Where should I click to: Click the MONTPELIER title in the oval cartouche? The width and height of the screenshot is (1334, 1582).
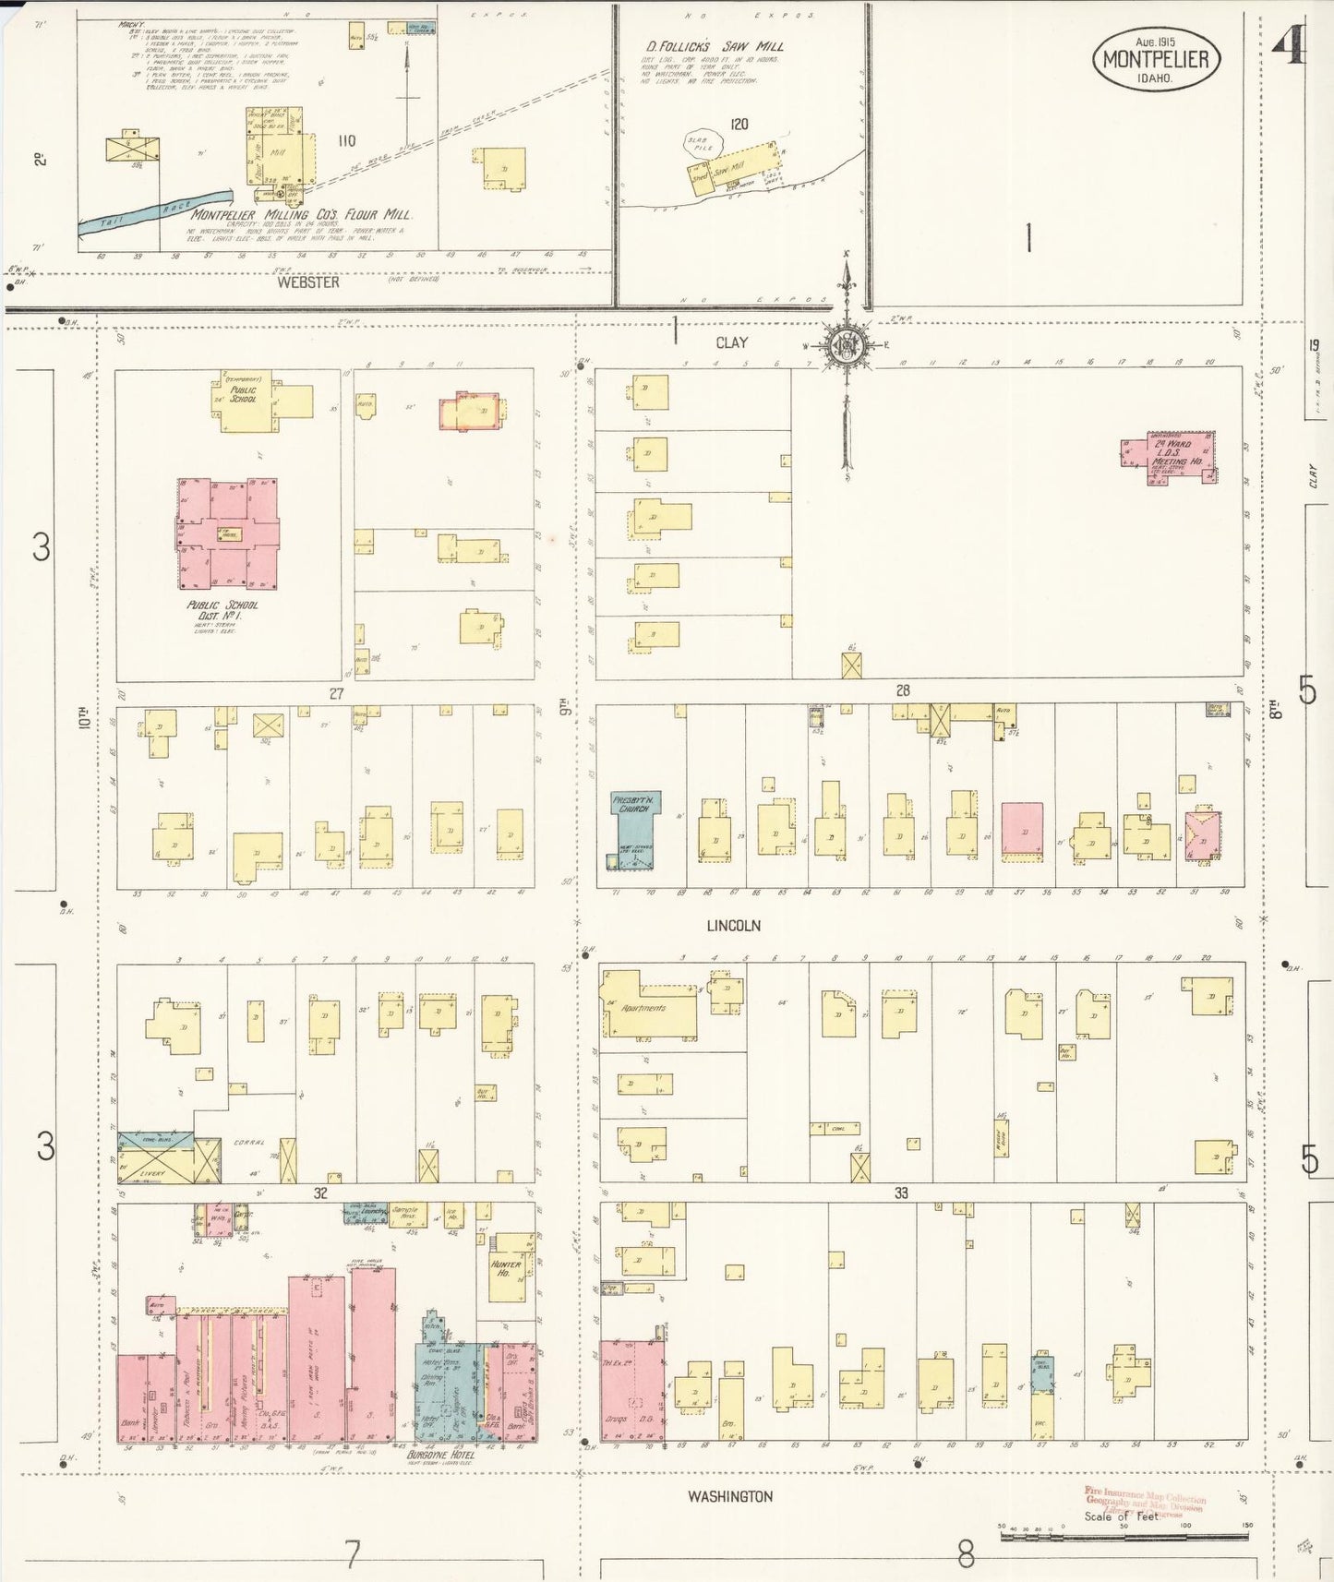tap(1156, 60)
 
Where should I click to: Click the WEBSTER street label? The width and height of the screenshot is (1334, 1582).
tap(308, 282)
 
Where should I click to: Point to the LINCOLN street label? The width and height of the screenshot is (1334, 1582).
tap(734, 925)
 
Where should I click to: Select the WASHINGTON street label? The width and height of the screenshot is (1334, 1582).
tap(729, 1496)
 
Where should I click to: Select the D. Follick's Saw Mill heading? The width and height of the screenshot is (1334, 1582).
tap(715, 46)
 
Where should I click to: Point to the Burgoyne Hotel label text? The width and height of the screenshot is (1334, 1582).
tap(440, 1456)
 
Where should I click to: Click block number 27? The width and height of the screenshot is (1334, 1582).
tap(336, 693)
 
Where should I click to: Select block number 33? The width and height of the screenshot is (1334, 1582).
tap(901, 1192)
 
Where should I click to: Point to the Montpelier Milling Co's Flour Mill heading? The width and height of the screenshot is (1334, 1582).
tap(301, 214)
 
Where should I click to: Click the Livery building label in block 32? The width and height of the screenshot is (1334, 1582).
tap(152, 1174)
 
